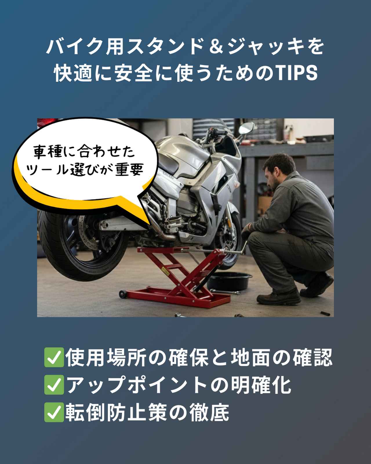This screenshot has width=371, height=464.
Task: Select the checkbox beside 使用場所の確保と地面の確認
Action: pos(54,358)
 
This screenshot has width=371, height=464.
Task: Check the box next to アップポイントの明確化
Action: pos(54,385)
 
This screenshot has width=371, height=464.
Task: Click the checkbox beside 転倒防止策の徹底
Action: pos(54,412)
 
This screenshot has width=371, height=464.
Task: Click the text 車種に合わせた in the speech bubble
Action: pos(84,153)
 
